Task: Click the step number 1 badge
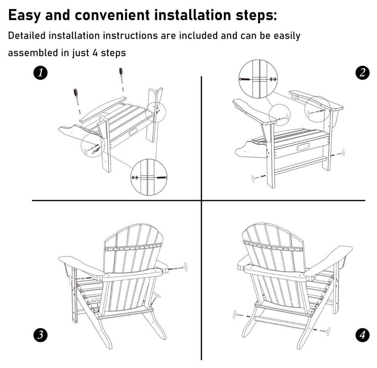click(x=40, y=73)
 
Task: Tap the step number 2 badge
click(x=363, y=73)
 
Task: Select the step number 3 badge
click(x=40, y=334)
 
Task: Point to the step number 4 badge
click(x=363, y=334)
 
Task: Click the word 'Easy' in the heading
click(x=24, y=15)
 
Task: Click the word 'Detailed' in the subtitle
click(x=26, y=35)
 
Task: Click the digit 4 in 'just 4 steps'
click(x=95, y=53)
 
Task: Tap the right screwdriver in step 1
click(x=121, y=76)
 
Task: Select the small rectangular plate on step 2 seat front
click(x=303, y=147)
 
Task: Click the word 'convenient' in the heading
click(x=112, y=15)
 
